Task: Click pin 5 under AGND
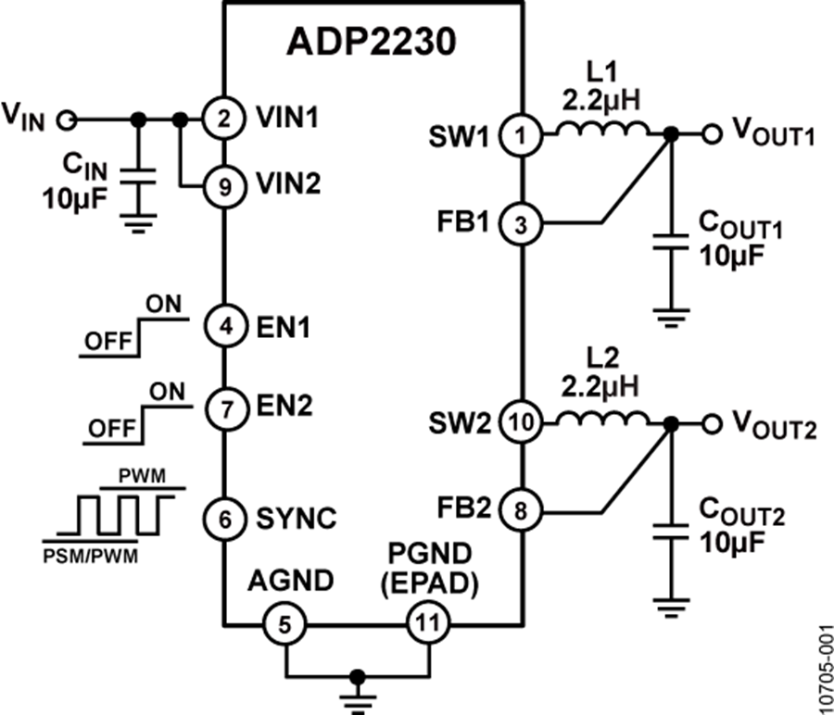pyautogui.click(x=285, y=624)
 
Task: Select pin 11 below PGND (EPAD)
pyautogui.click(x=427, y=624)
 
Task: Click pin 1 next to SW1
pyautogui.click(x=519, y=135)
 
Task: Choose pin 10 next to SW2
pyautogui.click(x=519, y=423)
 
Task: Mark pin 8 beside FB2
pyautogui.click(x=519, y=510)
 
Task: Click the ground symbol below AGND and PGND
pyautogui.click(x=357, y=690)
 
